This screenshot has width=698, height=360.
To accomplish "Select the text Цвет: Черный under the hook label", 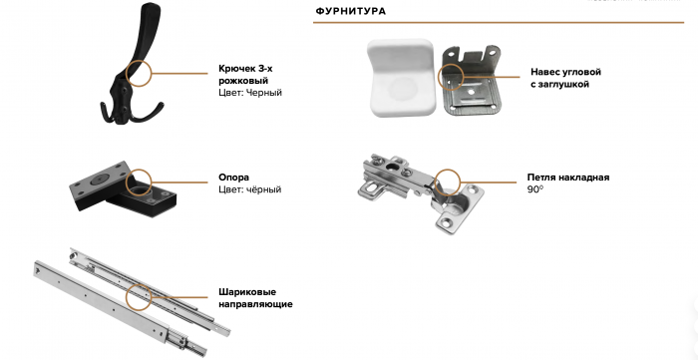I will pyautogui.click(x=249, y=93).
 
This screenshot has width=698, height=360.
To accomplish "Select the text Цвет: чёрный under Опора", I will pyautogui.click(x=249, y=189).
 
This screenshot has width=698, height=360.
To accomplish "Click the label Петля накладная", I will pyautogui.click(x=567, y=178).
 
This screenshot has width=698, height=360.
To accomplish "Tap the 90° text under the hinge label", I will pyautogui.click(x=534, y=189).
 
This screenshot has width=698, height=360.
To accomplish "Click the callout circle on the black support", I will pyautogui.click(x=138, y=181).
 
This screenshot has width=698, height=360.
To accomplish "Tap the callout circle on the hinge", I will pyautogui.click(x=447, y=181).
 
